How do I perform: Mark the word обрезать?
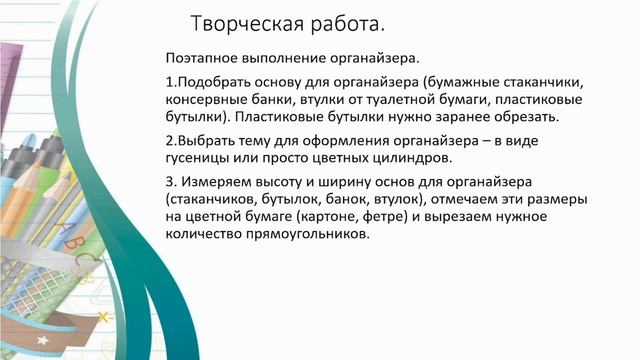pos(525,116)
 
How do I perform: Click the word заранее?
pos(458,116)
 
